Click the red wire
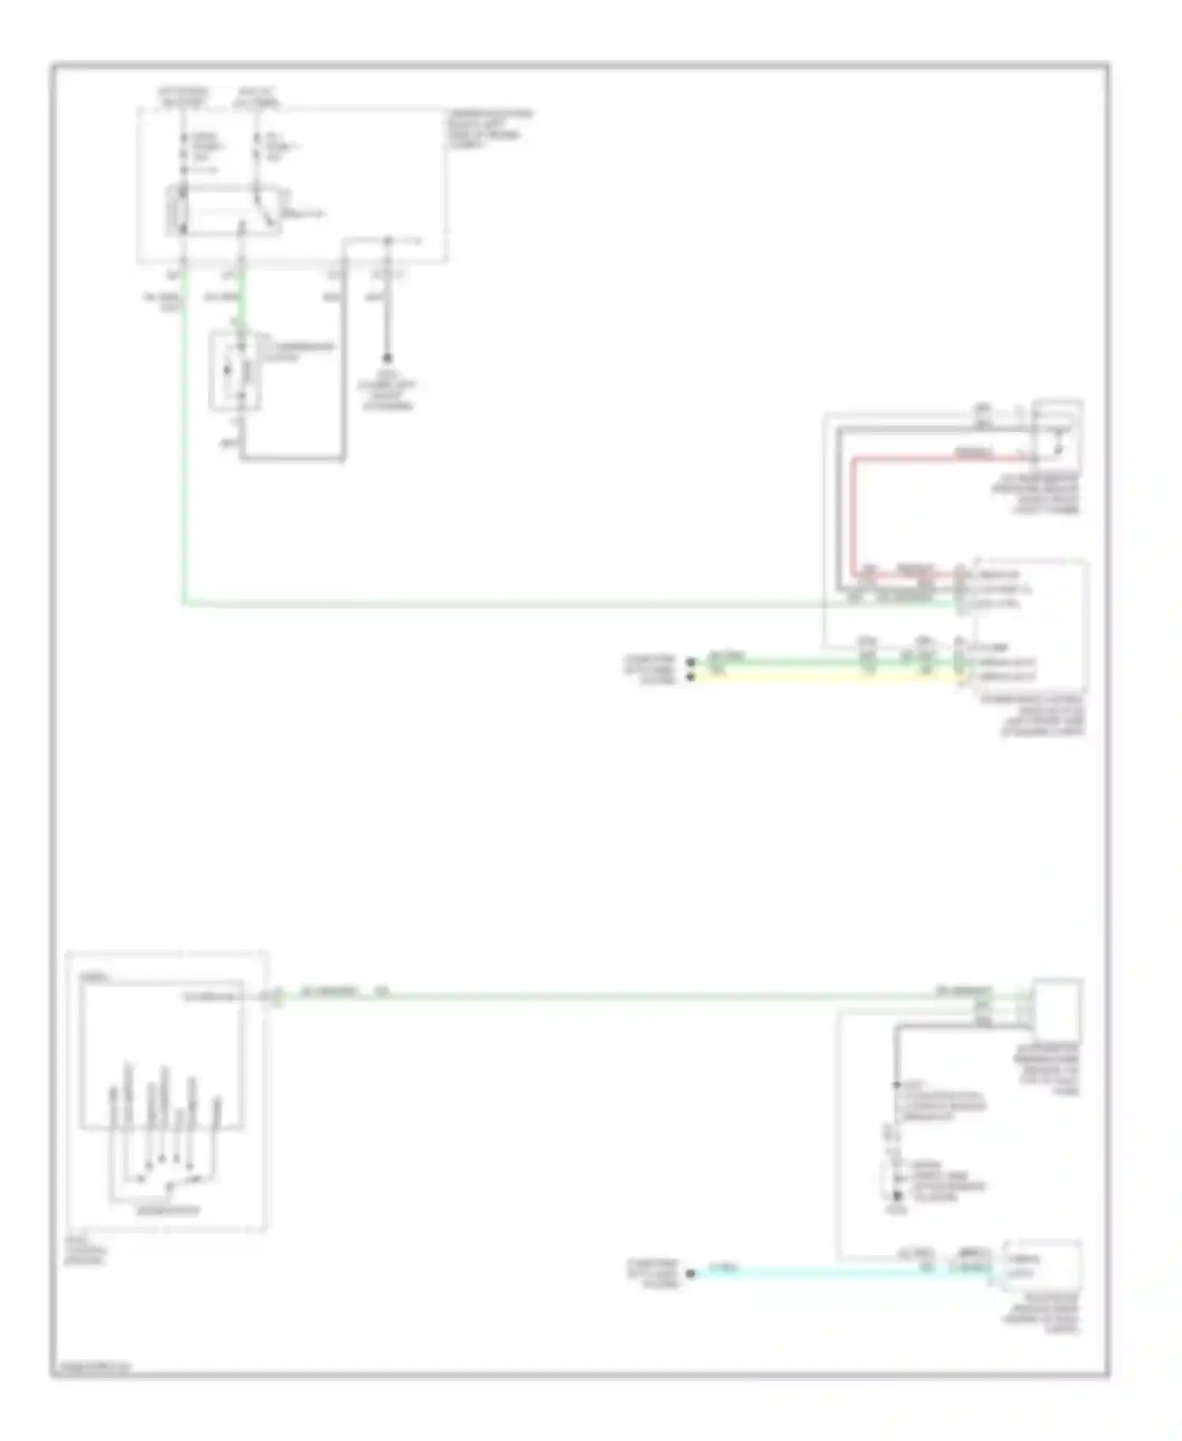pyautogui.click(x=853, y=512)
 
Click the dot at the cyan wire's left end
pyautogui.click(x=691, y=1273)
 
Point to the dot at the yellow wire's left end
pyautogui.click(x=691, y=676)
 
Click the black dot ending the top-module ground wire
pyautogui.click(x=387, y=358)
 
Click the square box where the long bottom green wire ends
pyautogui.click(x=1057, y=1008)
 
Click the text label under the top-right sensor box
pyautogui.click(x=1036, y=494)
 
